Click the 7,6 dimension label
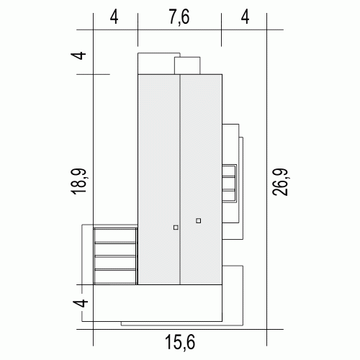(179, 17)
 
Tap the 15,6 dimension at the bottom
(180, 342)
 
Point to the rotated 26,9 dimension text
(281, 181)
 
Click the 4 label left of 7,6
(114, 17)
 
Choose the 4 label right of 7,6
(245, 17)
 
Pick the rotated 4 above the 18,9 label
(78, 55)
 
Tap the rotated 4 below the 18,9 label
(81, 302)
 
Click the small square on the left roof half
(176, 228)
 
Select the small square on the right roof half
(198, 220)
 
